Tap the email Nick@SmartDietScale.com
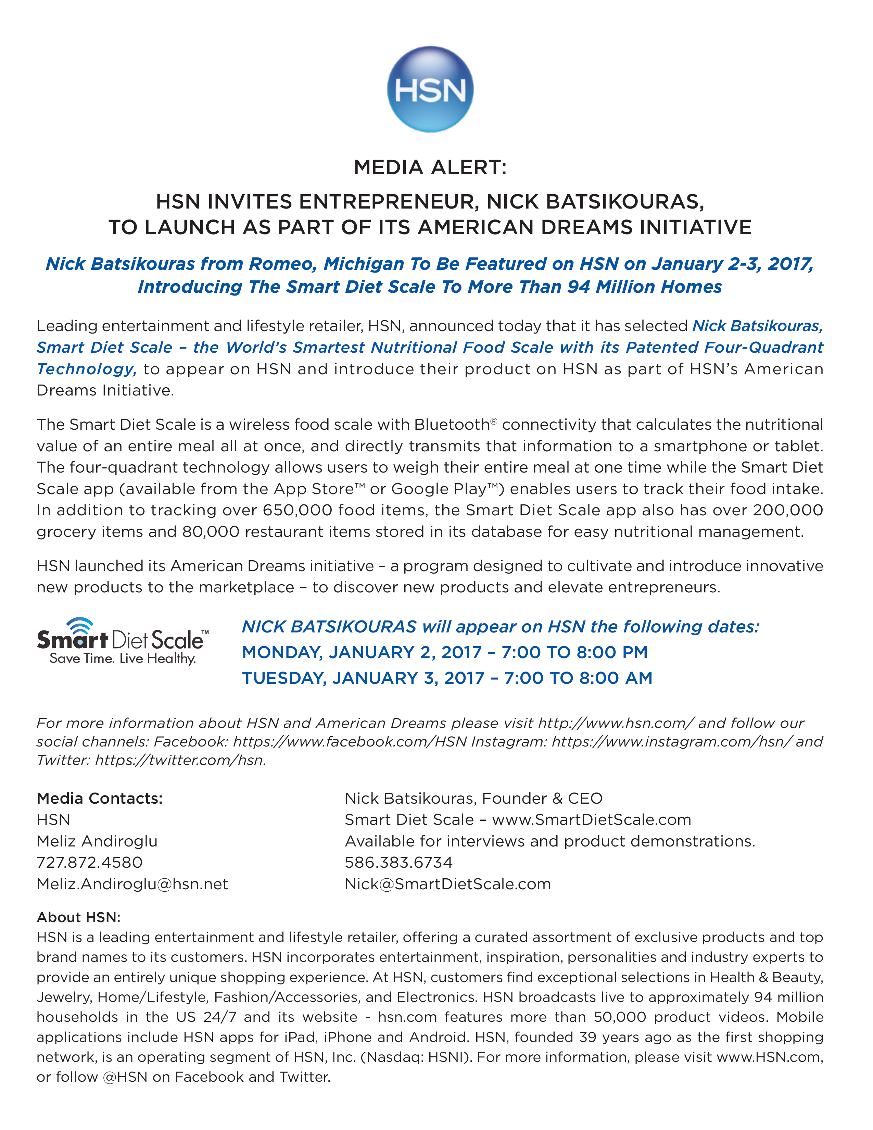click(x=447, y=884)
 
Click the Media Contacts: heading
click(x=99, y=798)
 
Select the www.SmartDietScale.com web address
click(x=591, y=819)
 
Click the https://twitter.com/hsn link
click(x=180, y=760)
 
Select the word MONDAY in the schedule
click(x=282, y=652)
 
